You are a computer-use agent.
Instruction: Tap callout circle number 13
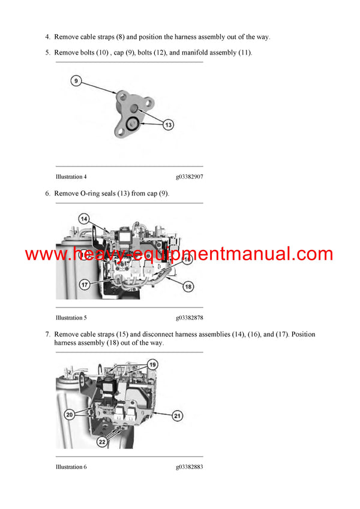[169, 125]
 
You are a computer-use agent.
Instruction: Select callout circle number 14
[83, 219]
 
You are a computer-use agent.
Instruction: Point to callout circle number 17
[85, 284]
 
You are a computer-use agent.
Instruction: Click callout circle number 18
[188, 287]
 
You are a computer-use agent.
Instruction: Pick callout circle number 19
[152, 365]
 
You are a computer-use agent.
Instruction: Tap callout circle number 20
[70, 414]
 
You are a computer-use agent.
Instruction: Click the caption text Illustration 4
[71, 177]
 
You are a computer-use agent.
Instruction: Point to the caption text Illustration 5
[71, 318]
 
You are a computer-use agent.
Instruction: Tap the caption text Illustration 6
[71, 467]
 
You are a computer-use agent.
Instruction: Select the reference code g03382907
[189, 177]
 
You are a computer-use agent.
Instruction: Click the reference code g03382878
[189, 318]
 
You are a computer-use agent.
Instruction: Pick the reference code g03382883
[189, 467]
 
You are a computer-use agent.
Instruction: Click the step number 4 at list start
[47, 37]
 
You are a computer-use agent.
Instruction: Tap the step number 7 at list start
[47, 334]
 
